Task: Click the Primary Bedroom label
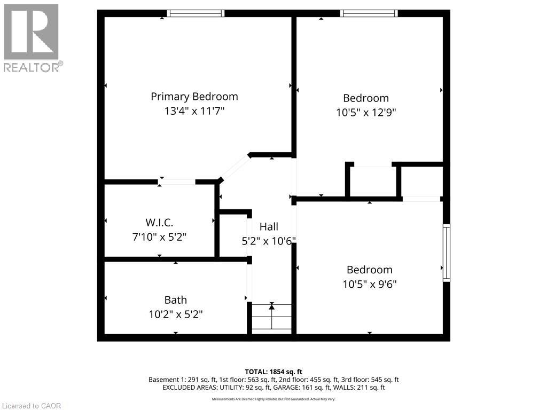pos(194,97)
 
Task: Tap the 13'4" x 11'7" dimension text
pos(194,111)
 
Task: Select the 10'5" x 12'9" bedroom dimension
pos(366,113)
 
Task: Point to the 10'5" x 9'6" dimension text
pos(370,284)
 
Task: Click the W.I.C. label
pos(159,223)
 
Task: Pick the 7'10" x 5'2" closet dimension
pos(159,237)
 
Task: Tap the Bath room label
pos(175,300)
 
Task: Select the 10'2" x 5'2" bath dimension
pos(175,314)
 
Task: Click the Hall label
pos(269,226)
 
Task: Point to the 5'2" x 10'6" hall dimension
pos(269,241)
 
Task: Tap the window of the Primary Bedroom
pos(196,13)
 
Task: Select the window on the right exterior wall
pos(447,253)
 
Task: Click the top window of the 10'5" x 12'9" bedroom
pos(369,13)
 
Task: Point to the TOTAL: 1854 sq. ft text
pos(273,372)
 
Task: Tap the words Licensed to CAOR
pos(32,406)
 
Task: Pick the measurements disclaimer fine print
pos(273,399)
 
